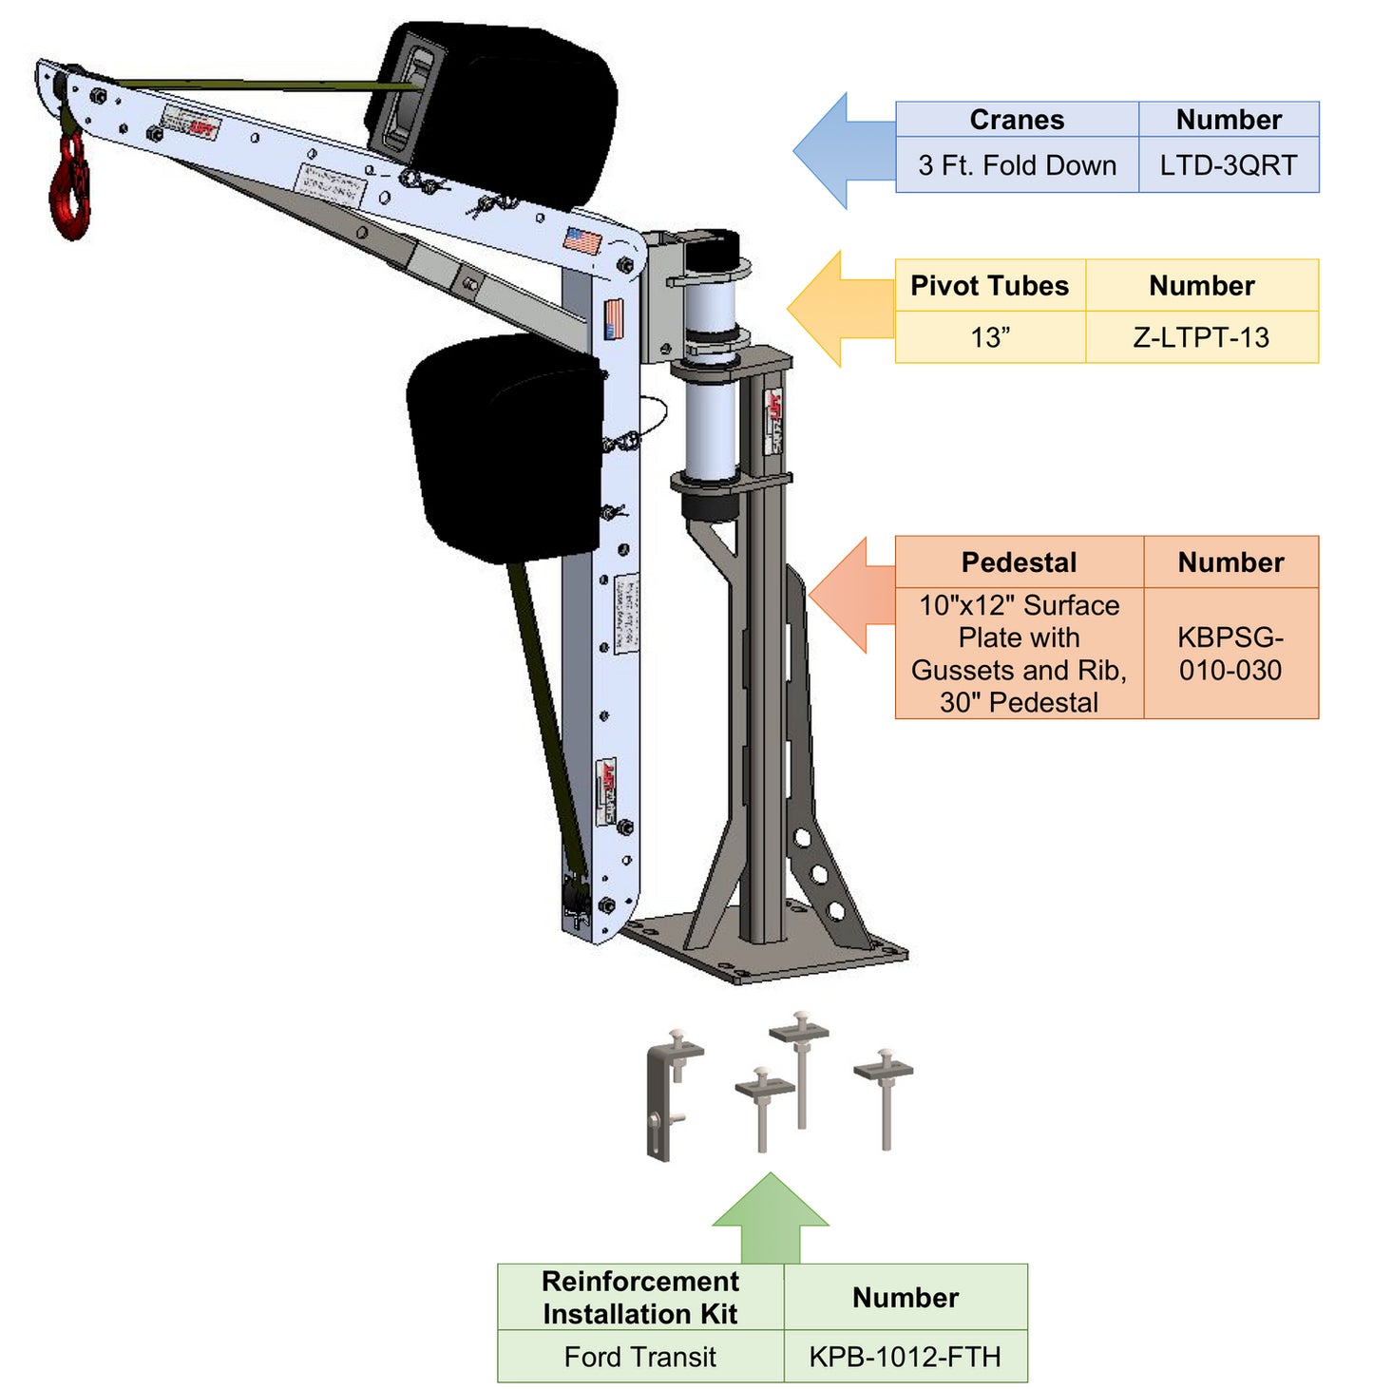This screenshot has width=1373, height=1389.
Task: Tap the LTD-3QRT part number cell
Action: (1228, 165)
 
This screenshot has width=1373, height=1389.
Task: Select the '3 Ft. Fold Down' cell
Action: (1017, 165)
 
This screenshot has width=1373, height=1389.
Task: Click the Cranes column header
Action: (1017, 120)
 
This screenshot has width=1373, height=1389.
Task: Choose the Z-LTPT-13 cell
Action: (1201, 337)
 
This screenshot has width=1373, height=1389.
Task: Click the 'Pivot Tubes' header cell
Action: (989, 286)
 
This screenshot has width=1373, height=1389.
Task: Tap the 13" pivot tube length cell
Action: (989, 337)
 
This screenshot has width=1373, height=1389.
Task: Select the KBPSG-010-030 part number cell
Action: (1230, 654)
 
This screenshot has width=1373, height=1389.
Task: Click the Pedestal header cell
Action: (1019, 562)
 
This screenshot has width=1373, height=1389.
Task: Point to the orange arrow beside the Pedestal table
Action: (850, 596)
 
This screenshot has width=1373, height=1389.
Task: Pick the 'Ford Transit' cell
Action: (639, 1357)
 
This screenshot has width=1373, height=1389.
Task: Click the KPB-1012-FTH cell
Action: (905, 1357)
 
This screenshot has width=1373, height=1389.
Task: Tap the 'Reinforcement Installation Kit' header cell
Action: (639, 1298)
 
